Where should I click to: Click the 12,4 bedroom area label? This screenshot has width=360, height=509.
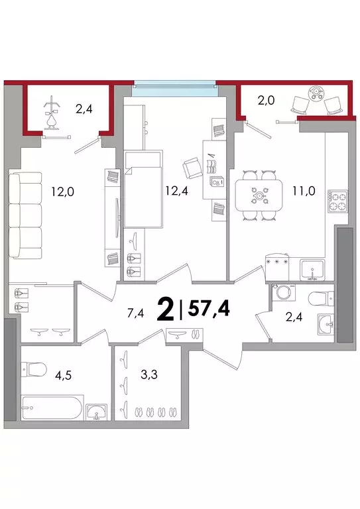[176, 191]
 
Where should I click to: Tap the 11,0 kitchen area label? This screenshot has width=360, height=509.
[304, 191]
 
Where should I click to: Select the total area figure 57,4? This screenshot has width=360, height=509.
[209, 309]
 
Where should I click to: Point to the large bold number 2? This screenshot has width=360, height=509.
[165, 310]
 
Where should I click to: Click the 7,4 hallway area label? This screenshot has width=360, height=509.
[136, 313]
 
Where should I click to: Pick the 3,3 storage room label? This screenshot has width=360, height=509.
[149, 374]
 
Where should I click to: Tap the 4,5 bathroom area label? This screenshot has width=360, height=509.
[63, 375]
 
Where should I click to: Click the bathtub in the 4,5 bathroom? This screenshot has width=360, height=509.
[52, 408]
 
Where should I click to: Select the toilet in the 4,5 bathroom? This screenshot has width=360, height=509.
[34, 368]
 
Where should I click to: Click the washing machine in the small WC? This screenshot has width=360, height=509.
[284, 292]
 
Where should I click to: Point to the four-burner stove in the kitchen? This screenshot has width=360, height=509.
[337, 201]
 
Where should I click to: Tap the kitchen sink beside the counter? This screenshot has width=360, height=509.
[312, 270]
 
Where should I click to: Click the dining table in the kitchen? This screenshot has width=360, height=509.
[259, 196]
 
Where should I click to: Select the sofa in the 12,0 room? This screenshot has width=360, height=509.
[26, 215]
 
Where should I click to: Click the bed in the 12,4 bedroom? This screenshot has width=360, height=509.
[143, 190]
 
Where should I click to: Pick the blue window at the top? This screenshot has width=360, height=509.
[175, 89]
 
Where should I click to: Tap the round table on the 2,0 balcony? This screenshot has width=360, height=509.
[316, 93]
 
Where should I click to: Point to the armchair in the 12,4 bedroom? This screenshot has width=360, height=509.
[192, 168]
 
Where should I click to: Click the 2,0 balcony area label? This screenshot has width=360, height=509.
[266, 101]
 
